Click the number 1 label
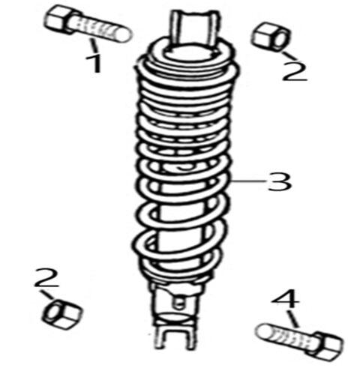tap(95, 63)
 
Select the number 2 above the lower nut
tap(47, 280)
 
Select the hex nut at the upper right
tap(266, 37)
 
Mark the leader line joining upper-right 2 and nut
tap(285, 52)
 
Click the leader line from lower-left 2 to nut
tap(52, 297)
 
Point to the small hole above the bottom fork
tap(179, 303)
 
